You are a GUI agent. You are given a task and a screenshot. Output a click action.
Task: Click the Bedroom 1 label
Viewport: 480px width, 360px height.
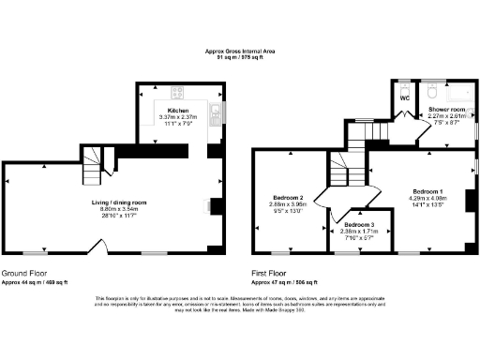point(427,191)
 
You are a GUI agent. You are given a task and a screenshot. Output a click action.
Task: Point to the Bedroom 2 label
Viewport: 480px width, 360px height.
point(288,198)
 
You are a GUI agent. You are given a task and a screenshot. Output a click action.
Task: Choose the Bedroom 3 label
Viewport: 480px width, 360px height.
point(358,226)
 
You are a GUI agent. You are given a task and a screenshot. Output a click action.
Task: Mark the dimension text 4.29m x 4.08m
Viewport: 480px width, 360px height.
point(427,198)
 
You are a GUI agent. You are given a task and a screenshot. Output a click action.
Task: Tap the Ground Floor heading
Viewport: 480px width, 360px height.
point(23,275)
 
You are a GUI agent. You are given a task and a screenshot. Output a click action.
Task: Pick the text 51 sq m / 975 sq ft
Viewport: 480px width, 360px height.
point(240,57)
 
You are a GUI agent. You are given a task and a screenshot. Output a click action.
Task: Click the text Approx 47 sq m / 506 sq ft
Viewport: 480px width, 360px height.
point(285,281)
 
